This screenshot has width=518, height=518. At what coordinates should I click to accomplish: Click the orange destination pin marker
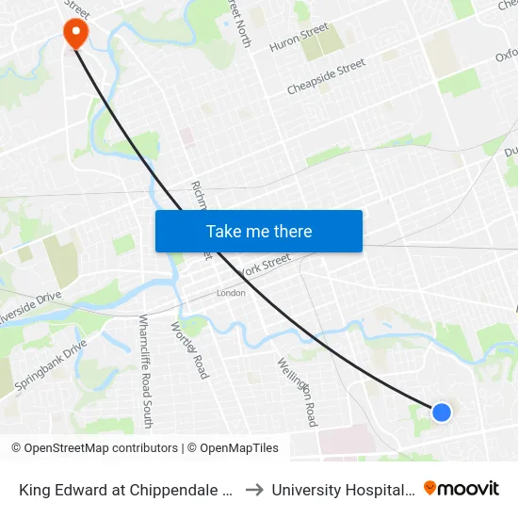pos(74,33)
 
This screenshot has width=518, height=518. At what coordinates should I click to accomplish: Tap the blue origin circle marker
pos(441,412)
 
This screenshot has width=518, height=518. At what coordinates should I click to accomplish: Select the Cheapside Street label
pos(326,77)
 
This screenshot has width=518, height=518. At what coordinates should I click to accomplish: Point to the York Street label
pos(266,269)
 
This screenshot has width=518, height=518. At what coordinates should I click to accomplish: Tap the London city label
pos(231,293)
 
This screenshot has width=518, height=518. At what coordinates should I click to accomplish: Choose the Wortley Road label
pos(189,349)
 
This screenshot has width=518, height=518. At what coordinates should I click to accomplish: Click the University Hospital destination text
pos(343,490)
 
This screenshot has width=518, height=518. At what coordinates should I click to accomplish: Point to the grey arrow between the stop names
pos(254,490)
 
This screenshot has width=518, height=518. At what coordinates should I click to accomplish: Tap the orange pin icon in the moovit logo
pos(430,488)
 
